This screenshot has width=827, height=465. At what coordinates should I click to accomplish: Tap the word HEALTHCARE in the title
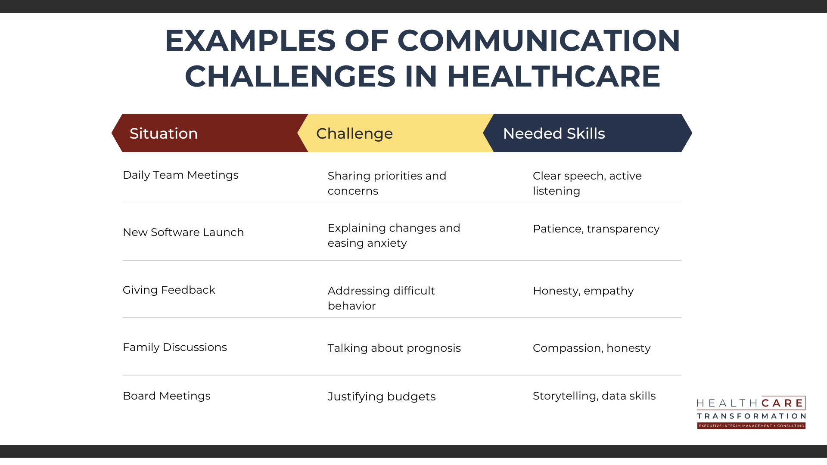(x=553, y=77)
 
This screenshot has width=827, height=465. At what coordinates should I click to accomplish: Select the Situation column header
(x=164, y=133)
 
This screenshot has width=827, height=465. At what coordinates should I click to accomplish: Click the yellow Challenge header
(x=354, y=133)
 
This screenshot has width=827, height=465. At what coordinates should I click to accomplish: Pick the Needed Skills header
(x=554, y=133)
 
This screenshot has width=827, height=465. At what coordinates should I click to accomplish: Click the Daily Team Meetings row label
(x=180, y=175)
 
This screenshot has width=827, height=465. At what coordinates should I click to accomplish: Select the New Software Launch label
(x=183, y=232)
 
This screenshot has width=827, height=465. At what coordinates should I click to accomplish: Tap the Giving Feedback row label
(x=169, y=290)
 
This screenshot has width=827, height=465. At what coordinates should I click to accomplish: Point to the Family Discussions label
(x=174, y=347)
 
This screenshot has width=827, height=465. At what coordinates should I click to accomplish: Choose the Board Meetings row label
(x=166, y=396)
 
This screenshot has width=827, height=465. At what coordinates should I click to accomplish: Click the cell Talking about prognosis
(x=394, y=348)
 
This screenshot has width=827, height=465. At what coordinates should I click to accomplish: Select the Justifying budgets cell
(x=382, y=397)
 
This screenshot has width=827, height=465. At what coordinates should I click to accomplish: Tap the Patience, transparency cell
(x=596, y=229)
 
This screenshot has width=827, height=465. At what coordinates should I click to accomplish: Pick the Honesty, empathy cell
(x=583, y=291)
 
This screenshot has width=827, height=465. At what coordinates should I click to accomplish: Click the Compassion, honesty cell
(x=591, y=348)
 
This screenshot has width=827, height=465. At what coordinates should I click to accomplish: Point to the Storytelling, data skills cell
(x=594, y=396)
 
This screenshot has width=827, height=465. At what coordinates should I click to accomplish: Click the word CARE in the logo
(x=782, y=403)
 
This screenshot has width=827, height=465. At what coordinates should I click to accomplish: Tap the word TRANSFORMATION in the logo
(x=751, y=416)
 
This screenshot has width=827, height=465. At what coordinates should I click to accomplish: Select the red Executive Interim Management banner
(x=751, y=426)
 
